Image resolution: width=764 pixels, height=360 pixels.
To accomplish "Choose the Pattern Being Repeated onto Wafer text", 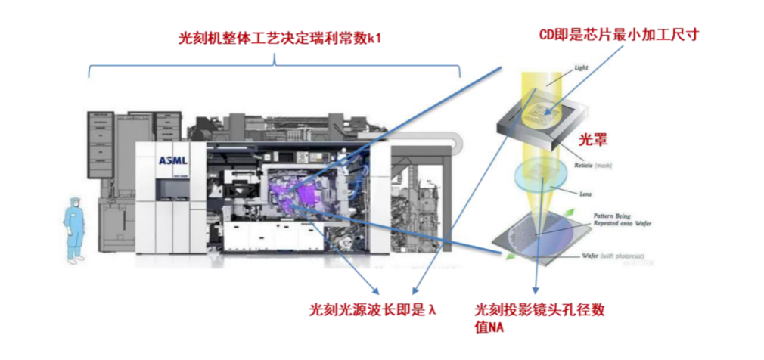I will coord(615,219).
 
